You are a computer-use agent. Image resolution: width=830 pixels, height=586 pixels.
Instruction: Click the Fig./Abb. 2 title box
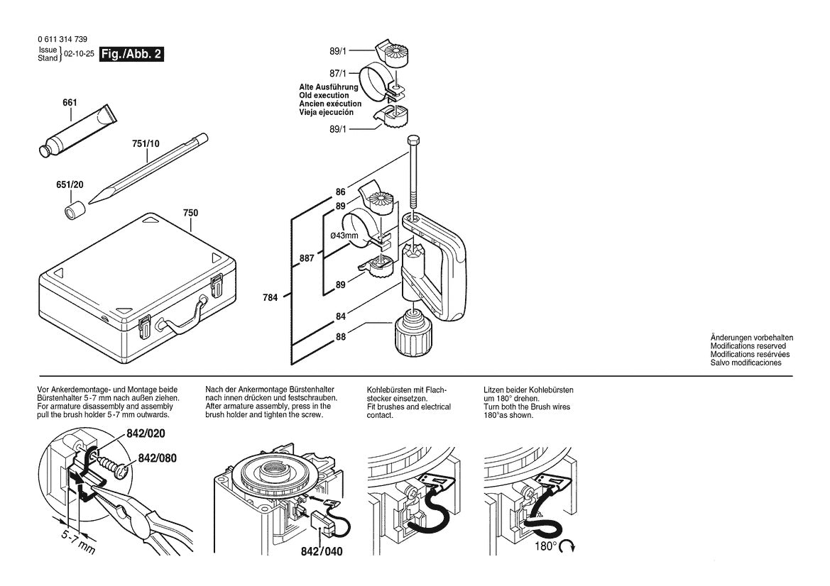[x=131, y=55]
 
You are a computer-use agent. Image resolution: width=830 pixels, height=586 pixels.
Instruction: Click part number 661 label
[x=70, y=103]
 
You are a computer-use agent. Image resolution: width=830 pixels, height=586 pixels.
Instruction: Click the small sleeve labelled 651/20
[x=73, y=211]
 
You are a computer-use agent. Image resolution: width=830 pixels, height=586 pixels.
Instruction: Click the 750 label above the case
[x=190, y=212]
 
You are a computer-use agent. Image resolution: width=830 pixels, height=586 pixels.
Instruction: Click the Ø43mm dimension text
[x=344, y=236]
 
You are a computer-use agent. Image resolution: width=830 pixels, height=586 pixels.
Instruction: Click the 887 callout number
[x=307, y=259]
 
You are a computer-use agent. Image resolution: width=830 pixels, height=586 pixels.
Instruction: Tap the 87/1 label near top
[x=338, y=73]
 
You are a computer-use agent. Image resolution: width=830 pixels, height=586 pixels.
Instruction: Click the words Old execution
[x=324, y=95]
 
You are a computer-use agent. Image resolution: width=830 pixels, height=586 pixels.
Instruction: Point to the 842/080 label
[x=158, y=458]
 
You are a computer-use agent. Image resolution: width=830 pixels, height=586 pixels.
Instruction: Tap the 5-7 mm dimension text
[x=76, y=542]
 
